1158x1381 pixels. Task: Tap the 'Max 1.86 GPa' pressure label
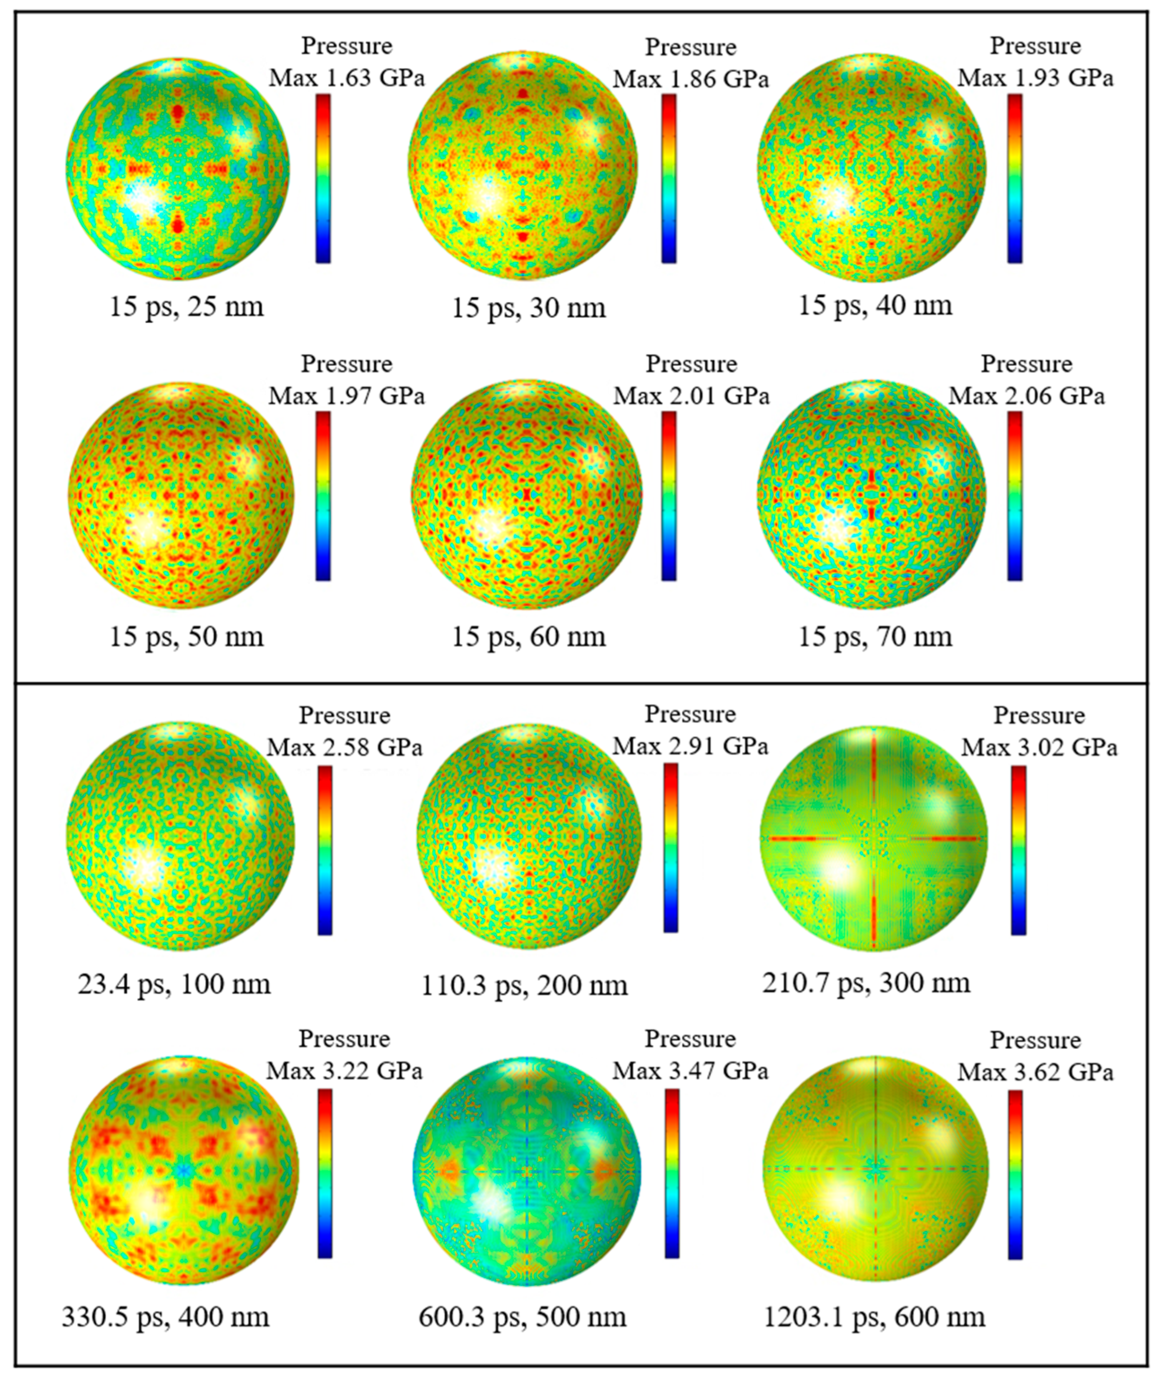click(x=690, y=79)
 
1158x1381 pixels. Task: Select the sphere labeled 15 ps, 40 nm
click(x=872, y=168)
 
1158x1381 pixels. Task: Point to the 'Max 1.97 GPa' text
click(x=346, y=396)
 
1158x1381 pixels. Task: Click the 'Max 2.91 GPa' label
click(x=690, y=747)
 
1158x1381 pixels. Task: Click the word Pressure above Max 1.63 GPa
click(x=346, y=46)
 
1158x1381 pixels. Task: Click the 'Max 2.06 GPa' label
click(x=1026, y=396)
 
